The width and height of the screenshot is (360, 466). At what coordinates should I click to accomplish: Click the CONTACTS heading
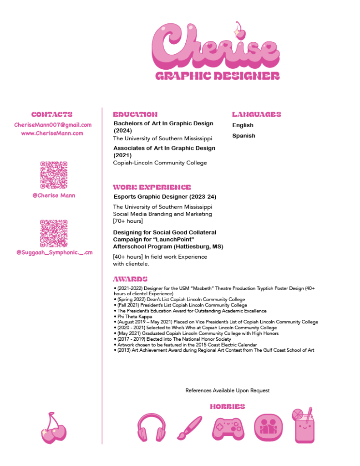coord(52,114)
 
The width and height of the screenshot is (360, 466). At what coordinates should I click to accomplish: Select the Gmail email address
coord(53,125)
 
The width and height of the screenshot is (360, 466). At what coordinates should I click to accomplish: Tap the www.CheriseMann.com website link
coord(52,133)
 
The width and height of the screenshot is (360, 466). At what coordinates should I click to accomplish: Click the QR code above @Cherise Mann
coord(54,175)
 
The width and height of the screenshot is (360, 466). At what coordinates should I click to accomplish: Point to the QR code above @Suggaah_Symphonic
coord(54,234)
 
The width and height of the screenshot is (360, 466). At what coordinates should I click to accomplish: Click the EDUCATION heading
coord(135,114)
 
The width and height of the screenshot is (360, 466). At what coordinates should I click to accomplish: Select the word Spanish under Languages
coord(243,136)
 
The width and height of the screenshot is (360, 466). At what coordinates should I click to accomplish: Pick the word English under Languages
coord(243,125)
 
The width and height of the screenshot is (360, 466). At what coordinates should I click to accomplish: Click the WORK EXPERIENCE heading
coord(152,187)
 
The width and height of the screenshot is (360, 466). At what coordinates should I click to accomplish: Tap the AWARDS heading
coord(130,279)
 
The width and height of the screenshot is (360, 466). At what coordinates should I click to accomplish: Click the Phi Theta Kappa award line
coord(133,317)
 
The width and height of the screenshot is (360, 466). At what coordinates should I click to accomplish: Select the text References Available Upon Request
coord(228,390)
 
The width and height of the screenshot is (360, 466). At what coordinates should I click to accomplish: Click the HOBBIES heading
coord(228,407)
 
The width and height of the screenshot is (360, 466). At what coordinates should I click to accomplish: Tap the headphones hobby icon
coord(152,427)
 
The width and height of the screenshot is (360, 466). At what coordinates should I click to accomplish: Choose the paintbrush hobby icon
coord(189,428)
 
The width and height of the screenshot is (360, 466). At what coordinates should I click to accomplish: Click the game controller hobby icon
coord(228,428)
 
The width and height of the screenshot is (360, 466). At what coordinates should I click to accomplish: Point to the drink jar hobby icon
coord(304,425)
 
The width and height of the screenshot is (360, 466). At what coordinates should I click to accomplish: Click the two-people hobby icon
coord(269,428)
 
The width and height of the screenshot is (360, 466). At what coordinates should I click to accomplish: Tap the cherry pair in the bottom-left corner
coord(54,428)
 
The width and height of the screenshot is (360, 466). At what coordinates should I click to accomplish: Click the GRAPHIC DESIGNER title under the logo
coord(218,76)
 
